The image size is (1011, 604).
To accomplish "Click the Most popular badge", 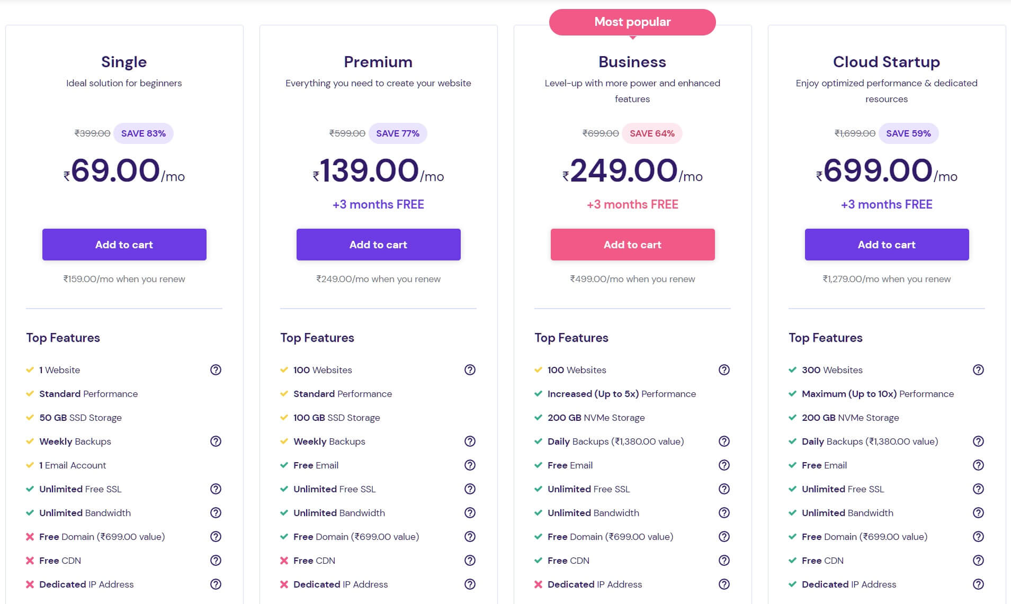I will (x=632, y=22).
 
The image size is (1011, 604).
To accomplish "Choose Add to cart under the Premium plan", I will (x=378, y=245).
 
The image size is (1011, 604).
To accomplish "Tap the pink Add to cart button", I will (x=632, y=245).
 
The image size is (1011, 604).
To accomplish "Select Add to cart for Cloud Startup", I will (x=887, y=245).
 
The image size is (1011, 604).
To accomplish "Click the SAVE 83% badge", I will (x=143, y=133).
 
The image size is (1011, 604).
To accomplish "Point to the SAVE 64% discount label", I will (x=652, y=133).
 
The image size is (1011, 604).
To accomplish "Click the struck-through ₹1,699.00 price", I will (x=855, y=133).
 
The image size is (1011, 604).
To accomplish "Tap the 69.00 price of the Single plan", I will (x=115, y=170).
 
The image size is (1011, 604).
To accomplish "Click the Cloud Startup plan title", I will (x=886, y=62).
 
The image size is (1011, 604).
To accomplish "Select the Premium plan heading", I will (x=378, y=62).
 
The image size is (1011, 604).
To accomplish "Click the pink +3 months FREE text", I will (x=632, y=204).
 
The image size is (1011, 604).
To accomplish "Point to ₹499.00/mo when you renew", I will (x=632, y=279).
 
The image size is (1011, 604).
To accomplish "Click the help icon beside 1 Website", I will (x=216, y=370).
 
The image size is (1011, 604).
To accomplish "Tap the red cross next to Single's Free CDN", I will (x=30, y=561).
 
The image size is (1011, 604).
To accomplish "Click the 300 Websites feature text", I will (x=832, y=370).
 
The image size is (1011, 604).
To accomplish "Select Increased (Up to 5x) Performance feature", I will (x=622, y=394).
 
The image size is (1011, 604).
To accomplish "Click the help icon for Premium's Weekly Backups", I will (x=470, y=441).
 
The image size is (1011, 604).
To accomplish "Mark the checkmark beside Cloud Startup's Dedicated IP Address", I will (x=792, y=584).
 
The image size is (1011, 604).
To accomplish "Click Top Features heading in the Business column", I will (x=571, y=338).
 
